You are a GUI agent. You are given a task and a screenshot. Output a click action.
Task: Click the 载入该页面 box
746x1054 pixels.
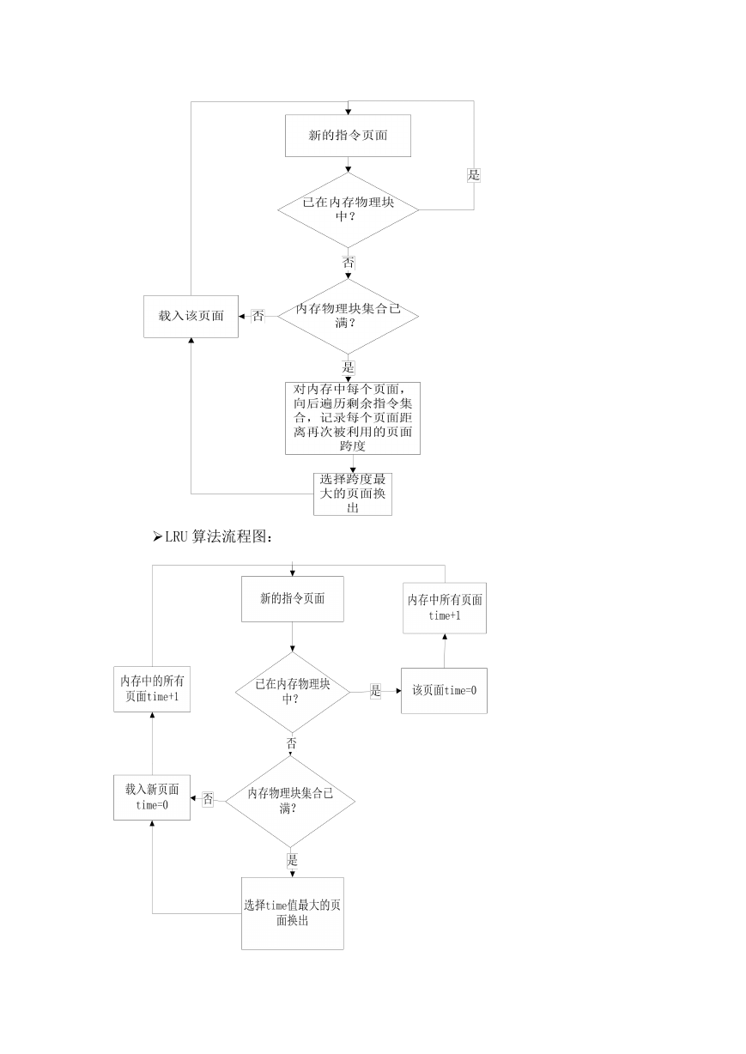point(191,316)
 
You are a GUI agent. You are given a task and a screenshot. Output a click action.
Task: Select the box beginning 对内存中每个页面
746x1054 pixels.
point(353,418)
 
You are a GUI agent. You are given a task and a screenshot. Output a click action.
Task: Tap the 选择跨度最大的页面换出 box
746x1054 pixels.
point(353,494)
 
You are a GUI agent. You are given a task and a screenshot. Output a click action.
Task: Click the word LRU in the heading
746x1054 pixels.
point(177,536)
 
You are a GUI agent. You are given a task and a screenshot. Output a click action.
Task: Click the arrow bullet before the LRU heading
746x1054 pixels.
point(157,536)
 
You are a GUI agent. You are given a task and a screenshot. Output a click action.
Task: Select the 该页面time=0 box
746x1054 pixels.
point(444,691)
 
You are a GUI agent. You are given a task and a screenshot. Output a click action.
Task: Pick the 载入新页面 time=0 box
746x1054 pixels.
point(152,797)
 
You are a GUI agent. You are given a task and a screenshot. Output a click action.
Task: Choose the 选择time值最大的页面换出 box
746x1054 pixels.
point(292,913)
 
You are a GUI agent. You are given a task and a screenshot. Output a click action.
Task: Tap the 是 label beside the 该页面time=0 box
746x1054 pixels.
point(375,691)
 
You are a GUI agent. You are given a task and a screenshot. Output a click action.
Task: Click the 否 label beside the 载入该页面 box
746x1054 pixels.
point(258,316)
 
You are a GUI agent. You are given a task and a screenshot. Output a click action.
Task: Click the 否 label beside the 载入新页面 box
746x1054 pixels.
point(208,798)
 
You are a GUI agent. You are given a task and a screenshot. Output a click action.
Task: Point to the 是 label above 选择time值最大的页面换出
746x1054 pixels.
point(292,861)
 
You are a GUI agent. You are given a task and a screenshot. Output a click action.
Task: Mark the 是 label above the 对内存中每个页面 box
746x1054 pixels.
point(348,367)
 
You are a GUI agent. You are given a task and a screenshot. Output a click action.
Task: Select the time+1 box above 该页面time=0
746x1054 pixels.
point(445,608)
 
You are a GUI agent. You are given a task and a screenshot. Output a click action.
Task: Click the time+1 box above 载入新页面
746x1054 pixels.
point(152,689)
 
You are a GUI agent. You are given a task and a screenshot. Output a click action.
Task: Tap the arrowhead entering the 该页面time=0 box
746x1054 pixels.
point(398,691)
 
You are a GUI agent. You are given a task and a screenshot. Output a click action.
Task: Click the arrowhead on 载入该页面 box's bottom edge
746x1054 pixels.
point(191,340)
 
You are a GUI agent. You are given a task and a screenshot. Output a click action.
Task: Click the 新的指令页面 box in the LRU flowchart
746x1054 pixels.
point(292,599)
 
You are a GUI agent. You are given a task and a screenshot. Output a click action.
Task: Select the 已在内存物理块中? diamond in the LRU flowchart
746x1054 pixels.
point(292,692)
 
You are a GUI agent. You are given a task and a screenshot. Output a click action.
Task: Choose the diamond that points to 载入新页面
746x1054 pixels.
point(290,802)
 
